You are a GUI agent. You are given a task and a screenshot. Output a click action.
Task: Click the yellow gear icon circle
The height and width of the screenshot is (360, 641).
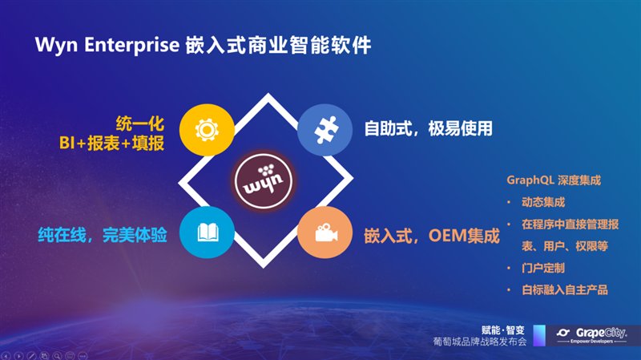(x=207, y=130)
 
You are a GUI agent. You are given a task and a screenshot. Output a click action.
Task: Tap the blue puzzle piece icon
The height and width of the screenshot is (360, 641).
(x=325, y=130)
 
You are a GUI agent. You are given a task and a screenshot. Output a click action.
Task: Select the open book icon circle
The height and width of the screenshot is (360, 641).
(x=207, y=233)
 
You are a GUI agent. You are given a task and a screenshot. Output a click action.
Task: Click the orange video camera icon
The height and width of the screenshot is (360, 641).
(x=325, y=233)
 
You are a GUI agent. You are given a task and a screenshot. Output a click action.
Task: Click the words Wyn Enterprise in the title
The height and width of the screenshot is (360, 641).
(x=107, y=45)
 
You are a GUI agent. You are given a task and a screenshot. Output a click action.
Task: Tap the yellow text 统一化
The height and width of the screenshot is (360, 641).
(x=139, y=123)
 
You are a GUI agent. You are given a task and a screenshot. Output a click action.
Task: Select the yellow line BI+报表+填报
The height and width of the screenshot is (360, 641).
(x=111, y=144)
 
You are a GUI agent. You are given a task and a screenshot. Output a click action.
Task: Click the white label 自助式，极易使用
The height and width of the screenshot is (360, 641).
(x=429, y=128)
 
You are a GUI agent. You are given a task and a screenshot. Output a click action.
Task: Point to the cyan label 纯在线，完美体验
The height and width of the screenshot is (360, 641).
(x=103, y=235)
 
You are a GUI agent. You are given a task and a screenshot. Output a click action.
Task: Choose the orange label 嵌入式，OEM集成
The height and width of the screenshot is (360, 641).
(x=432, y=236)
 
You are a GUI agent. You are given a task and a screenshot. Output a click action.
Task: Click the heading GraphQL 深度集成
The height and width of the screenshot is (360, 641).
(x=554, y=180)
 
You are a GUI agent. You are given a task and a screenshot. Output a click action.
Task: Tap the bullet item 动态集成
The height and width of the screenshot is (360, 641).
(x=543, y=202)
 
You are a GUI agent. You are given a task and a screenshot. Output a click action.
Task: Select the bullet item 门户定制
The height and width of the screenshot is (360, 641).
(x=543, y=269)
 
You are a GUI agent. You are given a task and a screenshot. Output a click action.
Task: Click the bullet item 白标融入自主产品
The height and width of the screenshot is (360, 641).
(x=565, y=290)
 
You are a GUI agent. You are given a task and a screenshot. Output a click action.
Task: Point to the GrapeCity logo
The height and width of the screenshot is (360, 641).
(x=591, y=335)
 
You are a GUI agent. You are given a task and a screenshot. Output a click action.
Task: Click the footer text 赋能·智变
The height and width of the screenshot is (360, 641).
(x=503, y=330)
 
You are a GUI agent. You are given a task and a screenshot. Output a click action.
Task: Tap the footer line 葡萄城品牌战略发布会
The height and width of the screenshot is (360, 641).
(x=480, y=342)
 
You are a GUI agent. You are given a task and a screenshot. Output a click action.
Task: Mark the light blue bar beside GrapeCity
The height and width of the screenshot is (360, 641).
(x=539, y=335)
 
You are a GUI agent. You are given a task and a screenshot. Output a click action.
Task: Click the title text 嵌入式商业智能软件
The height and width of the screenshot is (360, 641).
(x=278, y=45)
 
